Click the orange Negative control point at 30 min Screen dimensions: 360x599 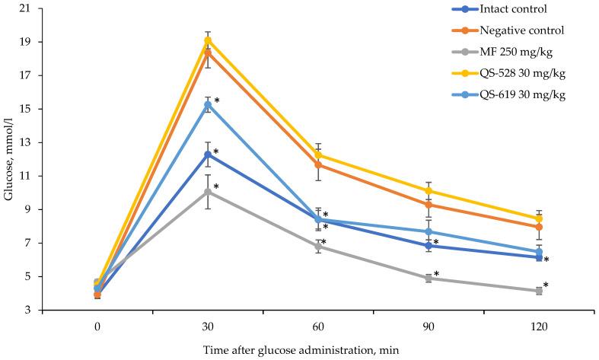point(208,53)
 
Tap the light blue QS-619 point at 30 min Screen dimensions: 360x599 point(208,104)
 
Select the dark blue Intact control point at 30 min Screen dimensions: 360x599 point(208,155)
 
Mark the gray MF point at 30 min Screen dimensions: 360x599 point(208,192)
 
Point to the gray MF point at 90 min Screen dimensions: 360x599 point(429,279)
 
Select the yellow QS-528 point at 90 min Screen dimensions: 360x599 point(429,191)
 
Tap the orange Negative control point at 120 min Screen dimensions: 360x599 point(539,227)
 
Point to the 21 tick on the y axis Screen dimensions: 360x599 point(27,8)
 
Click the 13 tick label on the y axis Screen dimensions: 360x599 point(27,142)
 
